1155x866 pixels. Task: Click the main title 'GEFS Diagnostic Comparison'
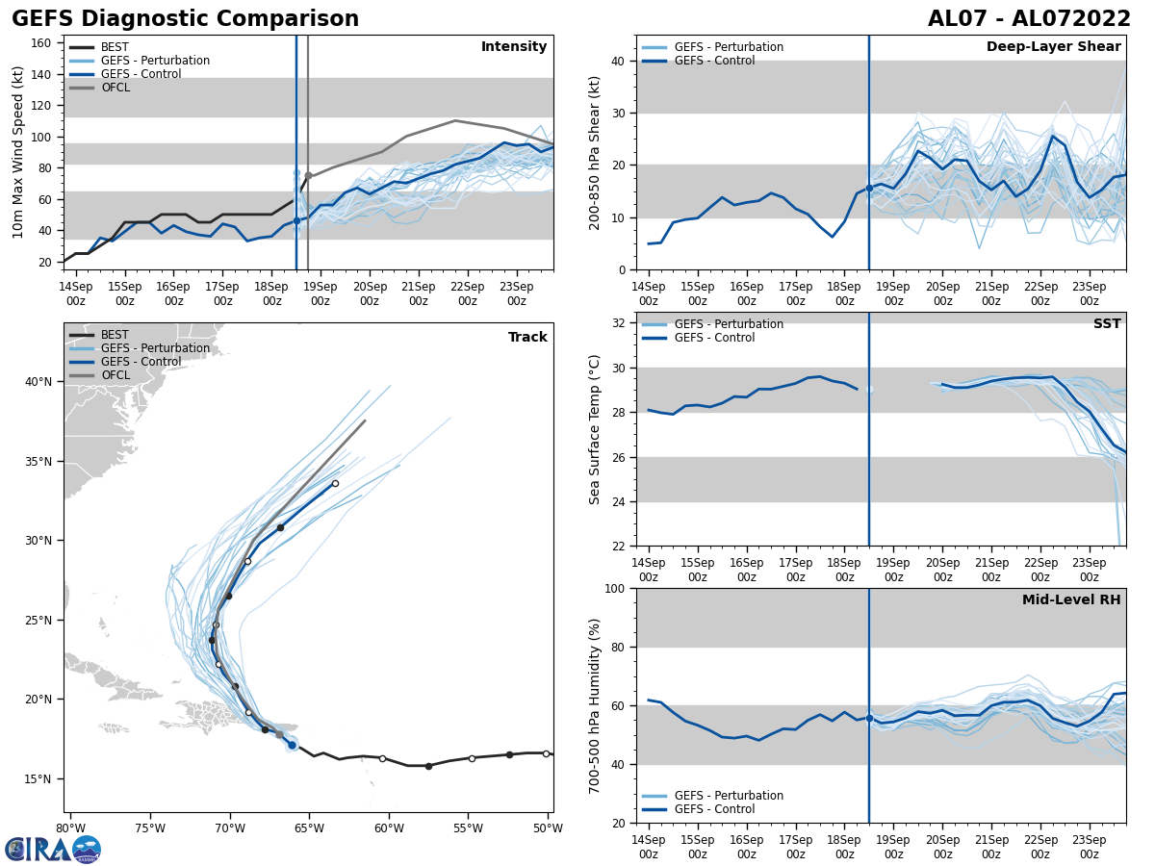[x=185, y=19]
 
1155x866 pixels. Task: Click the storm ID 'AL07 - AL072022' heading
[x=1029, y=19]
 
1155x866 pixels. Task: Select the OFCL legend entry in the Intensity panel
[x=115, y=88]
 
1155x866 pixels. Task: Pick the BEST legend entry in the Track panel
[x=115, y=335]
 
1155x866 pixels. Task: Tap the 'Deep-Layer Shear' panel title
[x=1053, y=47]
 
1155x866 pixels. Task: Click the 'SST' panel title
[x=1107, y=324]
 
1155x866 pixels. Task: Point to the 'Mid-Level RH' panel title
[x=1071, y=600]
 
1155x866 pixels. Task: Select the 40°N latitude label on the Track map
[x=38, y=382]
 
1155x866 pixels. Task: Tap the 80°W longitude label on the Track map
[x=69, y=828]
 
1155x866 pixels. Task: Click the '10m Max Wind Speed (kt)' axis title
[x=18, y=152]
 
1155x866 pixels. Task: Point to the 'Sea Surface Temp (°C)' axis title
[x=595, y=429]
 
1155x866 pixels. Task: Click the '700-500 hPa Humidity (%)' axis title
[x=595, y=705]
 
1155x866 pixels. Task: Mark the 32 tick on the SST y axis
[x=620, y=323]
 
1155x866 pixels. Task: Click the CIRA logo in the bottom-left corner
[x=52, y=849]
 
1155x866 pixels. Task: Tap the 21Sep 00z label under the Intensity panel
[x=418, y=293]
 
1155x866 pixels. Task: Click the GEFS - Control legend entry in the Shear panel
[x=714, y=61]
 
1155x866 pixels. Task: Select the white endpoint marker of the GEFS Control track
[x=335, y=484]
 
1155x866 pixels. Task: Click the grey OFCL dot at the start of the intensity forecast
[x=308, y=176]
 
